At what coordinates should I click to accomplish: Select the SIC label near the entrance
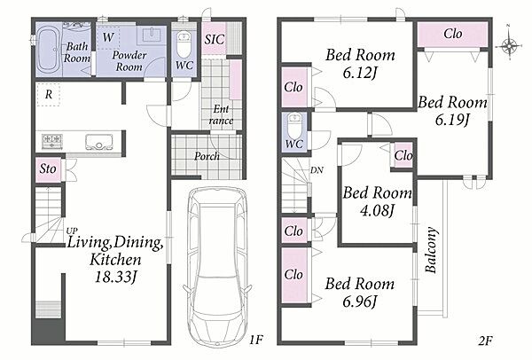tap(214, 39)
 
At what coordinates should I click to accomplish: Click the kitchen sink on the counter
tap(98, 142)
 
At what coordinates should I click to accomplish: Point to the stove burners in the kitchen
tap(52, 141)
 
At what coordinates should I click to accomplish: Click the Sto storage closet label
tap(48, 168)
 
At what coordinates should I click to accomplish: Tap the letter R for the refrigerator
tap(49, 95)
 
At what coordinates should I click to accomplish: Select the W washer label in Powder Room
tap(108, 37)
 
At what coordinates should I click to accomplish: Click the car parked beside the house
tap(217, 265)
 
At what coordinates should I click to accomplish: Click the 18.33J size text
tap(115, 277)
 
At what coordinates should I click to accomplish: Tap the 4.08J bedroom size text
tap(378, 210)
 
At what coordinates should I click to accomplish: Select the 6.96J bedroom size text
tap(360, 301)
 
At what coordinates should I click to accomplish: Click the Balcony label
tap(431, 250)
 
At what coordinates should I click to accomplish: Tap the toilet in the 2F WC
tap(294, 127)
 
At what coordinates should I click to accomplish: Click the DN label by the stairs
tap(317, 170)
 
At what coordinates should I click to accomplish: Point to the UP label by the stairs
tap(72, 231)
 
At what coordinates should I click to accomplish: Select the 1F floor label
tap(256, 339)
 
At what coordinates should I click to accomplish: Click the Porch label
tap(207, 156)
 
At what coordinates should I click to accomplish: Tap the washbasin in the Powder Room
tap(152, 35)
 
